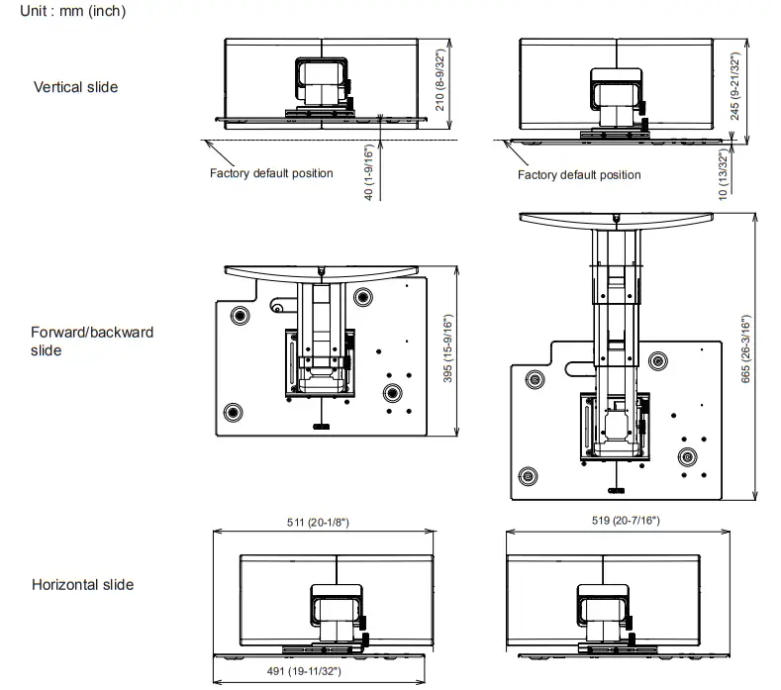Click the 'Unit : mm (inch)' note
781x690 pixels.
tap(72, 11)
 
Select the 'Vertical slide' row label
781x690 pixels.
tap(75, 87)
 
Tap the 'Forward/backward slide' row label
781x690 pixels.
tap(92, 342)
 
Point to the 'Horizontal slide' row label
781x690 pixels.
tap(83, 584)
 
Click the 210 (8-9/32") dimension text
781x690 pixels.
tap(439, 80)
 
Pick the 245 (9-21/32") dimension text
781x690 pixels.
tap(735, 86)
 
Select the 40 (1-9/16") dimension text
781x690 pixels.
tap(368, 172)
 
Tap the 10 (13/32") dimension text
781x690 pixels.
tap(724, 175)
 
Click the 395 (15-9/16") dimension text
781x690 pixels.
tap(447, 348)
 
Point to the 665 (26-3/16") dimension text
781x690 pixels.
tap(745, 348)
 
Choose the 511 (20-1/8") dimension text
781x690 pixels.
tap(318, 522)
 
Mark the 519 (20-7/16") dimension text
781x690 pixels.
tap(626, 520)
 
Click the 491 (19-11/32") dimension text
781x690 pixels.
tap(304, 671)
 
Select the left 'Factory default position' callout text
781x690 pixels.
tap(271, 173)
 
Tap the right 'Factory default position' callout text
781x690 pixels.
tap(579, 175)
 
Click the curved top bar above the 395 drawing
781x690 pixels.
tap(322, 272)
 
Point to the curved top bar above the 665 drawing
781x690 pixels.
tap(616, 219)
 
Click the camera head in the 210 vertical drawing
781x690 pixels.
tap(322, 79)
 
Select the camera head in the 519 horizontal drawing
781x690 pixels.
tap(603, 605)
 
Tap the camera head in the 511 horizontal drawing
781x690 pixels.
tap(337, 605)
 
